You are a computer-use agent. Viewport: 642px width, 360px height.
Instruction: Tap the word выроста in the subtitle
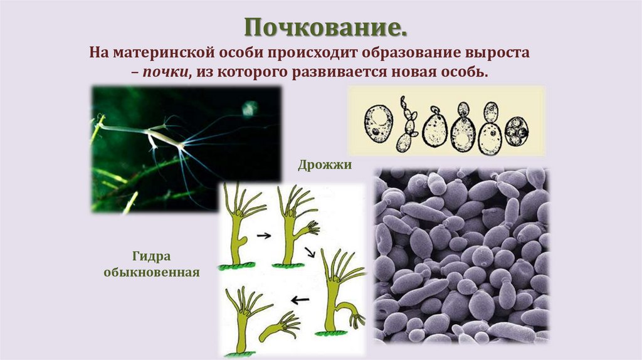click(x=499, y=52)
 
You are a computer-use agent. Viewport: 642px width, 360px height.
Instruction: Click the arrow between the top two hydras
click(x=265, y=236)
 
